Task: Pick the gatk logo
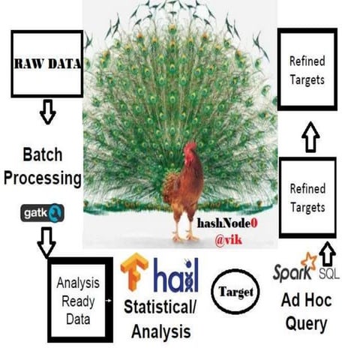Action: [x=43, y=214]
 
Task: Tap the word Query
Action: [x=306, y=325]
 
